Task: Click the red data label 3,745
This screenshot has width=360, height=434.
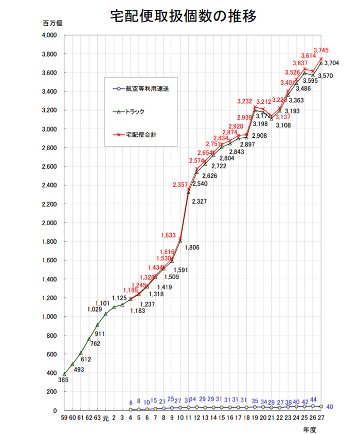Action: click(321, 50)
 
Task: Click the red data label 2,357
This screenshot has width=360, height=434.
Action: click(180, 185)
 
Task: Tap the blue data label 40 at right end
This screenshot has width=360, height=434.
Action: click(330, 407)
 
